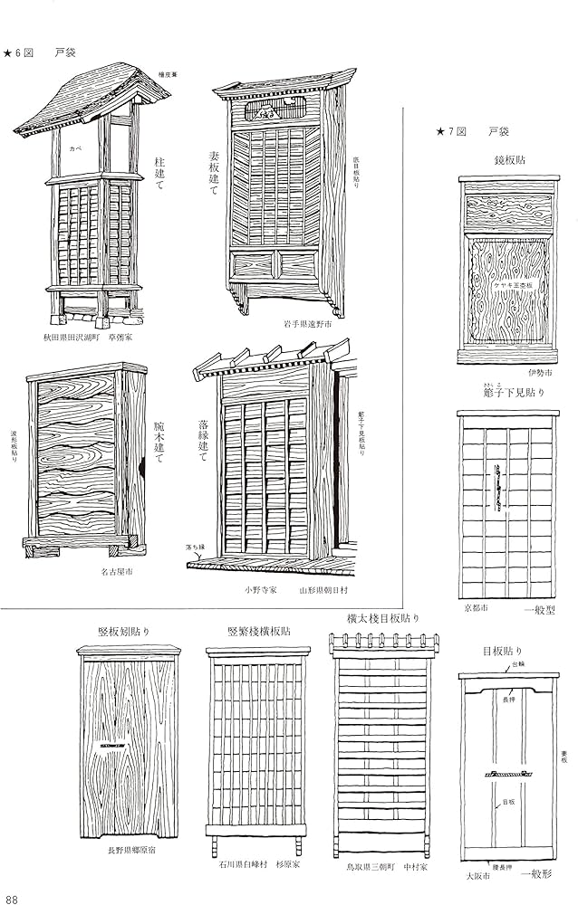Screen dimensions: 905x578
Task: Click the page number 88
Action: pos(12,898)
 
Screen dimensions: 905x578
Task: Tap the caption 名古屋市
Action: pos(118,572)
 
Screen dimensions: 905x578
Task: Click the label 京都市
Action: pos(476,608)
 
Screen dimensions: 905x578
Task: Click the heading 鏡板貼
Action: pos(512,158)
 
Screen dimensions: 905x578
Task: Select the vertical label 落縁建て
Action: pos(203,440)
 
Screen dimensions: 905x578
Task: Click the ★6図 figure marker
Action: pos(19,52)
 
